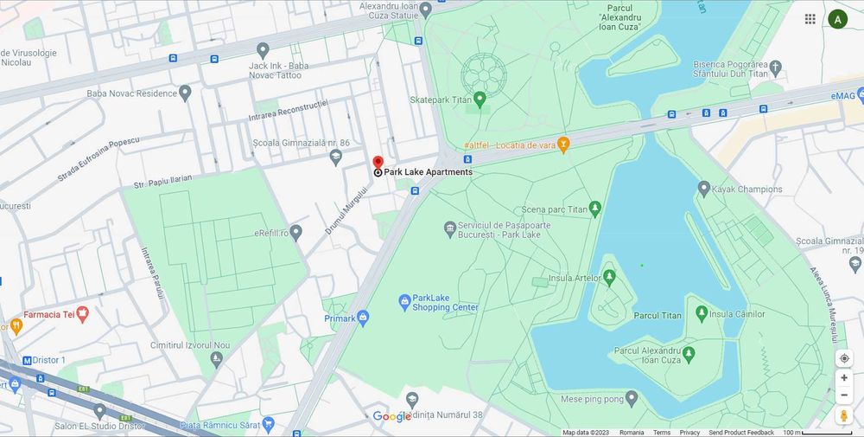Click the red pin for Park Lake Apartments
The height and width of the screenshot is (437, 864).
[378, 163]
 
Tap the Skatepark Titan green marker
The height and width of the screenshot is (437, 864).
[480, 100]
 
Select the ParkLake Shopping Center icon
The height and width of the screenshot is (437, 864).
[404, 301]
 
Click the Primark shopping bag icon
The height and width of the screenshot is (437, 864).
[363, 318]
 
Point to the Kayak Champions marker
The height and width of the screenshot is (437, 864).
[703, 189]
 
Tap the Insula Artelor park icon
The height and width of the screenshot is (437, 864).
[609, 277]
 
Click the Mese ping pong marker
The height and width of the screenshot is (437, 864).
[632, 398]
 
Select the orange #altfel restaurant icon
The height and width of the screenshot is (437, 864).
[563, 144]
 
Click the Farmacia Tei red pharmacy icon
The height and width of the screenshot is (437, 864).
[83, 314]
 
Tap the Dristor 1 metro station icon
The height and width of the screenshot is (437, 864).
[26, 360]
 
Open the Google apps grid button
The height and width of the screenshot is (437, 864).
[810, 19]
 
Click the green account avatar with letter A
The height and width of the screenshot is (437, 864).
[837, 19]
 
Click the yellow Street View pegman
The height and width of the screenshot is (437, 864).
[844, 416]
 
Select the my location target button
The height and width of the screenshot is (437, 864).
[844, 358]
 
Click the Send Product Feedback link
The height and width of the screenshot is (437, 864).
[741, 432]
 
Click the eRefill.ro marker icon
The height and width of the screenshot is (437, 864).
[295, 233]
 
